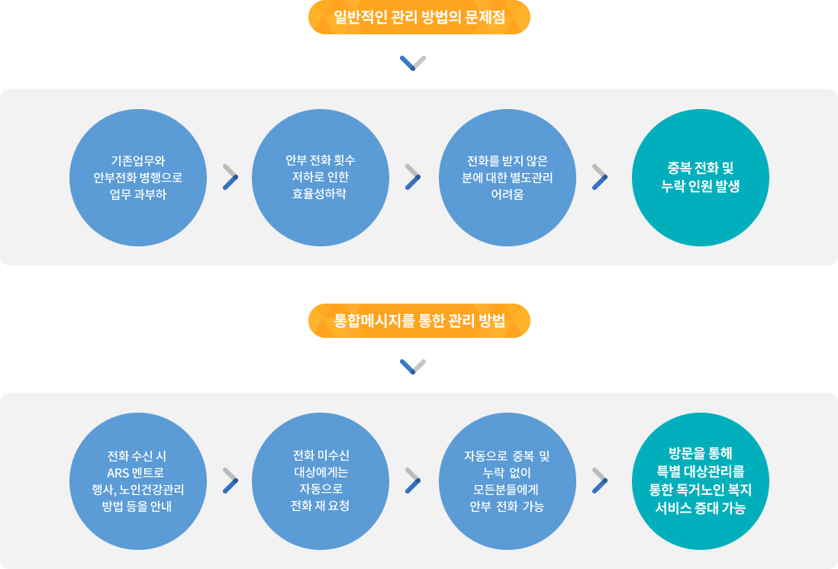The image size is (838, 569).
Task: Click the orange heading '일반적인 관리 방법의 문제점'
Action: [x=419, y=18]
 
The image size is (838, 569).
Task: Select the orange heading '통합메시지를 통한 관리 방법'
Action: [x=419, y=321]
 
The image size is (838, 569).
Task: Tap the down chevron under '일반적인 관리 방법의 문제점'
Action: [x=413, y=63]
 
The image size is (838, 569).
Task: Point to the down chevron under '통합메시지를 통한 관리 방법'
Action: [x=413, y=366]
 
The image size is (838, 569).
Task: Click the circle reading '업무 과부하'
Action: [x=138, y=177]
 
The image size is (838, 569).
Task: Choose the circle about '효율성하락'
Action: [x=321, y=177]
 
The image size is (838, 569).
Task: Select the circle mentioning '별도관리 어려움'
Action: [x=508, y=177]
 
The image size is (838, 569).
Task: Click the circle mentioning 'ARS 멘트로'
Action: [x=138, y=481]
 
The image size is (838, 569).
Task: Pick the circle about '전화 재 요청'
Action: [x=321, y=481]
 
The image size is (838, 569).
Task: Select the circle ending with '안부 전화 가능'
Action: [x=508, y=481]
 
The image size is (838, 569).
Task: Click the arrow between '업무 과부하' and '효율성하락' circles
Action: [x=230, y=176]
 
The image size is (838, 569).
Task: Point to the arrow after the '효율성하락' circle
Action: [x=413, y=176]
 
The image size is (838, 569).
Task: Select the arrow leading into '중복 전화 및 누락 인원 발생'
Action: [x=600, y=176]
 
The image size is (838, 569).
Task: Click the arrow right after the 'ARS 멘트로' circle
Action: [x=230, y=481]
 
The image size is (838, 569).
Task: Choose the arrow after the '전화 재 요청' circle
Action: [x=413, y=481]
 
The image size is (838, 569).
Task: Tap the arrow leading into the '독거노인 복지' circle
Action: [x=600, y=481]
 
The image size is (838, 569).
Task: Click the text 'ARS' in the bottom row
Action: [x=118, y=472]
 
